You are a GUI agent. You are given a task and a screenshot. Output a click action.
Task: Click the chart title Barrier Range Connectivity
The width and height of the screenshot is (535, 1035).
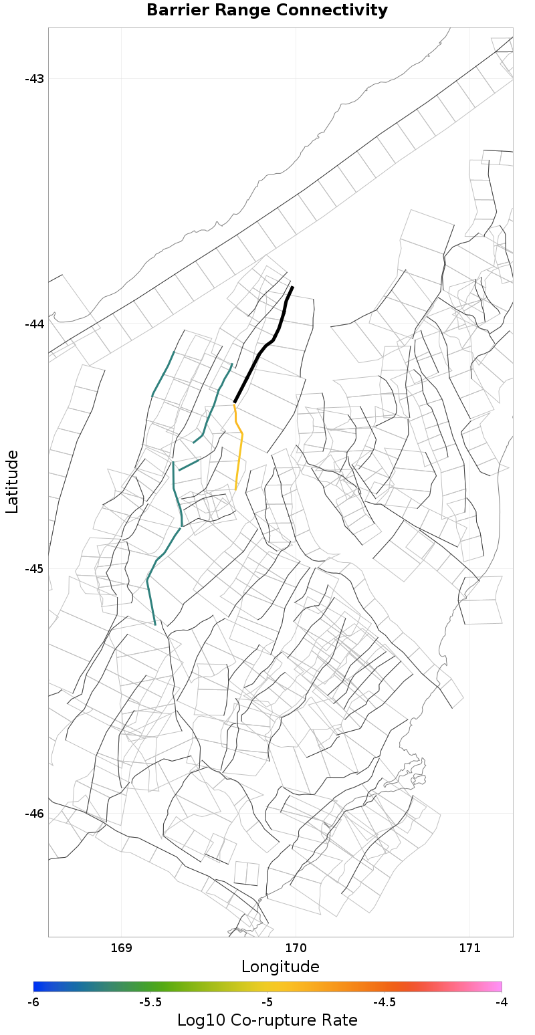(267, 11)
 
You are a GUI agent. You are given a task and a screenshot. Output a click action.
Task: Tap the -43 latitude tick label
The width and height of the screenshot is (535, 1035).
(34, 79)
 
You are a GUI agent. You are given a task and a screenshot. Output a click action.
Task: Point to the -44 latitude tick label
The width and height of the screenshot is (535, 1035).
(34, 324)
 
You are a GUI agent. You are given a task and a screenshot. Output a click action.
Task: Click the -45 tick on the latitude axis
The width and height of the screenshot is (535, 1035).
(34, 569)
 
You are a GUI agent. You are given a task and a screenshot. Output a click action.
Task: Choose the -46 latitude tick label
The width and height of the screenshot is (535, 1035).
(34, 814)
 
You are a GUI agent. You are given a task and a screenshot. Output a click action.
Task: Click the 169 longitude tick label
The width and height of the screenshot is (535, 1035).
(121, 948)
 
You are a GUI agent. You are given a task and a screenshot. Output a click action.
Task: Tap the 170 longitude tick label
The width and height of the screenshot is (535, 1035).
(296, 948)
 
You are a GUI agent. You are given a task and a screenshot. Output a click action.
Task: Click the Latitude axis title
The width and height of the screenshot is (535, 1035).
(12, 481)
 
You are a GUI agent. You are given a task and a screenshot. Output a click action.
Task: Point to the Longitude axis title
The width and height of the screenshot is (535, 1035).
(280, 967)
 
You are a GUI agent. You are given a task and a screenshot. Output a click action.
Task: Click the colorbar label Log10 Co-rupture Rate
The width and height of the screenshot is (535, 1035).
(267, 1020)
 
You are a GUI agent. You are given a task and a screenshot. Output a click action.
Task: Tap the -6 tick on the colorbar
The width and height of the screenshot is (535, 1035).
(33, 1002)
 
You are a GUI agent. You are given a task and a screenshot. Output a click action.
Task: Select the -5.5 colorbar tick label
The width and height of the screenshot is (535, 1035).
(150, 1002)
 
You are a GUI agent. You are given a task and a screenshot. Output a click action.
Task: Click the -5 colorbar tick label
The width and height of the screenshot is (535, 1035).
(267, 1002)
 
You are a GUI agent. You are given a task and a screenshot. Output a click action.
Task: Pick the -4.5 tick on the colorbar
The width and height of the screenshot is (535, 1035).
(385, 1002)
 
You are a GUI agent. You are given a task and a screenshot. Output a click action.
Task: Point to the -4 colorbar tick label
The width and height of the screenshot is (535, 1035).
(502, 1002)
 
